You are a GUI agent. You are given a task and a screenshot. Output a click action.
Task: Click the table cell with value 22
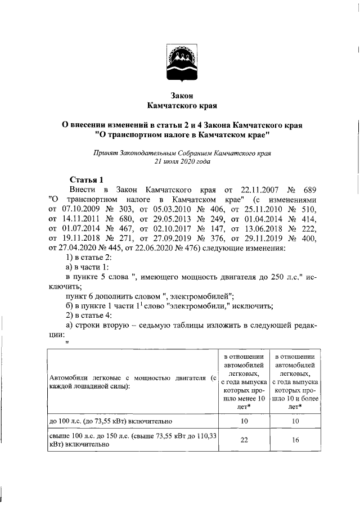[244, 440]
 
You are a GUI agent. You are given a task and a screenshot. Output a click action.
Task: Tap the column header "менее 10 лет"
[244, 385]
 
